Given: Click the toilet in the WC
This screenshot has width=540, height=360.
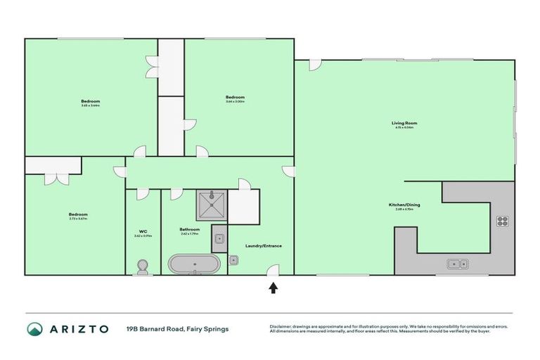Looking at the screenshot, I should click(x=143, y=266).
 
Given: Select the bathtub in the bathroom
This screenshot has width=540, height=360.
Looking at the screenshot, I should click(x=194, y=264).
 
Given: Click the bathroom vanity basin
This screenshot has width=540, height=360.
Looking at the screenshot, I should click(x=219, y=239).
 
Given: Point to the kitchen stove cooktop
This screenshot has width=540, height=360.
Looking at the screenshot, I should click(x=503, y=221).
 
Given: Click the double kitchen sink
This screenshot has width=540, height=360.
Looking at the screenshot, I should click(x=458, y=264).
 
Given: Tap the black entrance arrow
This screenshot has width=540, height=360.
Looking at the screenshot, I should click(x=273, y=287).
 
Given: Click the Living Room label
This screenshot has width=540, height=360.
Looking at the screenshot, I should click(x=404, y=123).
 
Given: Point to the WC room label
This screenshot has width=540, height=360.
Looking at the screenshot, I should click(x=143, y=231).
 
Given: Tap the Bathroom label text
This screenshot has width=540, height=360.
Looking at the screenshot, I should click(x=190, y=229).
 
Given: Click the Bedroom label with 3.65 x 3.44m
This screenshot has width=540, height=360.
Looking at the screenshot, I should click(x=90, y=101).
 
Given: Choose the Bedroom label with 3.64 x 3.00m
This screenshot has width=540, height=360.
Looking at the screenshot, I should click(x=235, y=97).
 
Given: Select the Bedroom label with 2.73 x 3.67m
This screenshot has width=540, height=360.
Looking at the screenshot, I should click(x=78, y=214).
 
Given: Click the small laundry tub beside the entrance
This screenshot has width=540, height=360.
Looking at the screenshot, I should click(x=233, y=259).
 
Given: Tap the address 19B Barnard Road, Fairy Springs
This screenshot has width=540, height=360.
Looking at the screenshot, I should click(x=177, y=328).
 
